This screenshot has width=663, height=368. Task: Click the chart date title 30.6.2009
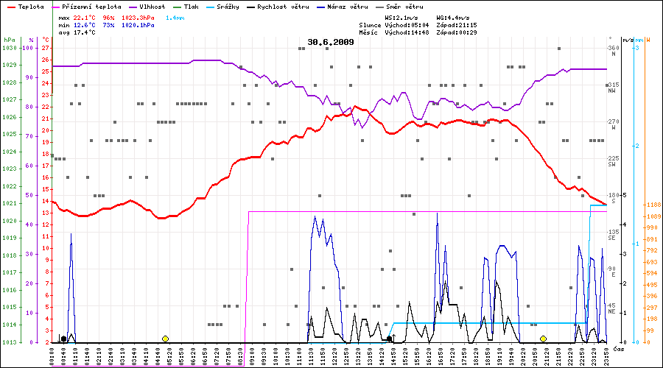[331, 42]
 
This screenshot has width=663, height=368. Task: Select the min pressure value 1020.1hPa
[138, 24]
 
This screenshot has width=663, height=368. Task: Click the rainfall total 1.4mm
[175, 17]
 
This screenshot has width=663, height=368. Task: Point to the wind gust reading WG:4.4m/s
[454, 17]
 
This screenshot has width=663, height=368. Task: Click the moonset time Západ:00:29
[457, 32]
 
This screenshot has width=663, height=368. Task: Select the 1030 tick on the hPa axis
[10, 48]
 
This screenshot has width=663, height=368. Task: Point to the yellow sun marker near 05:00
[165, 339]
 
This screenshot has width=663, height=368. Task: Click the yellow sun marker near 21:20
[543, 339]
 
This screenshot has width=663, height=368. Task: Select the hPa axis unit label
[9, 40]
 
